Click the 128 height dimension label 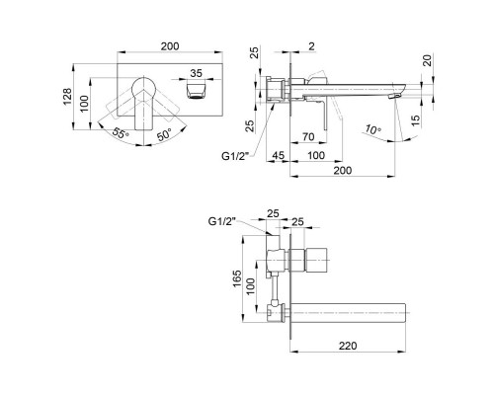coord(67,96)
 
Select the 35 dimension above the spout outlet coord(196,73)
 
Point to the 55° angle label coord(121,132)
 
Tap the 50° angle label coord(164,134)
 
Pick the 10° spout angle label coord(372,129)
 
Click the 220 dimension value coord(348,346)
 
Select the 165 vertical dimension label coord(237,278)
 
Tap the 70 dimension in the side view coord(308,136)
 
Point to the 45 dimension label coord(278,155)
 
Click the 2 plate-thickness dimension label coord(311,46)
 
